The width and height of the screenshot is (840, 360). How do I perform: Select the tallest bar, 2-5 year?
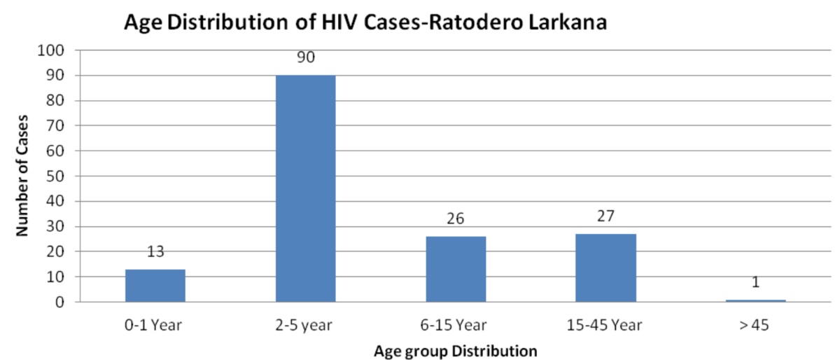305,189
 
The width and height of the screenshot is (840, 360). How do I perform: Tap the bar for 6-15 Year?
456,270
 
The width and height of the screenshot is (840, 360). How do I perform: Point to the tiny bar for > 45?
755,300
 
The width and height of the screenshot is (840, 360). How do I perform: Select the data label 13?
155,252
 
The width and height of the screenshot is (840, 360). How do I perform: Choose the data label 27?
605,217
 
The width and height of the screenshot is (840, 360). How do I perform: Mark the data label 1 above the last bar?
755,283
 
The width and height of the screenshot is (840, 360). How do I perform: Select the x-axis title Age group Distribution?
455,349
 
